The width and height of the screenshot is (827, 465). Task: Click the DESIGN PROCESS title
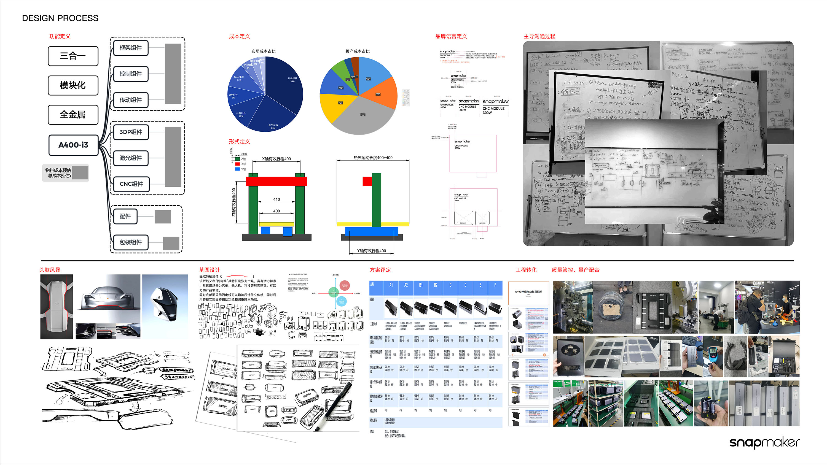click(x=60, y=18)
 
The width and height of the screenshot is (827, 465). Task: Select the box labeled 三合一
click(x=73, y=56)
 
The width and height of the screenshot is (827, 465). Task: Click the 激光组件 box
click(x=131, y=158)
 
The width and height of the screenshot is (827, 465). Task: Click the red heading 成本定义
click(x=239, y=36)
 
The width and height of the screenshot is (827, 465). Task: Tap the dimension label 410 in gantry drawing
click(x=276, y=199)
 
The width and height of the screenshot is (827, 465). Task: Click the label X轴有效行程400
click(x=276, y=159)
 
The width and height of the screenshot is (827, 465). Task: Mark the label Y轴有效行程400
click(x=371, y=251)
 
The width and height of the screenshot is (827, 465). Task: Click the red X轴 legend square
click(x=238, y=164)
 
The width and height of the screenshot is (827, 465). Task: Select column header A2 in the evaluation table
click(x=406, y=285)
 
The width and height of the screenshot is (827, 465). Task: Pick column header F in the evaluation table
click(x=495, y=285)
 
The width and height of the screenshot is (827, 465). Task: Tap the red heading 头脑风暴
click(x=50, y=270)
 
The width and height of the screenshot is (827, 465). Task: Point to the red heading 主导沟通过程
click(x=539, y=36)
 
